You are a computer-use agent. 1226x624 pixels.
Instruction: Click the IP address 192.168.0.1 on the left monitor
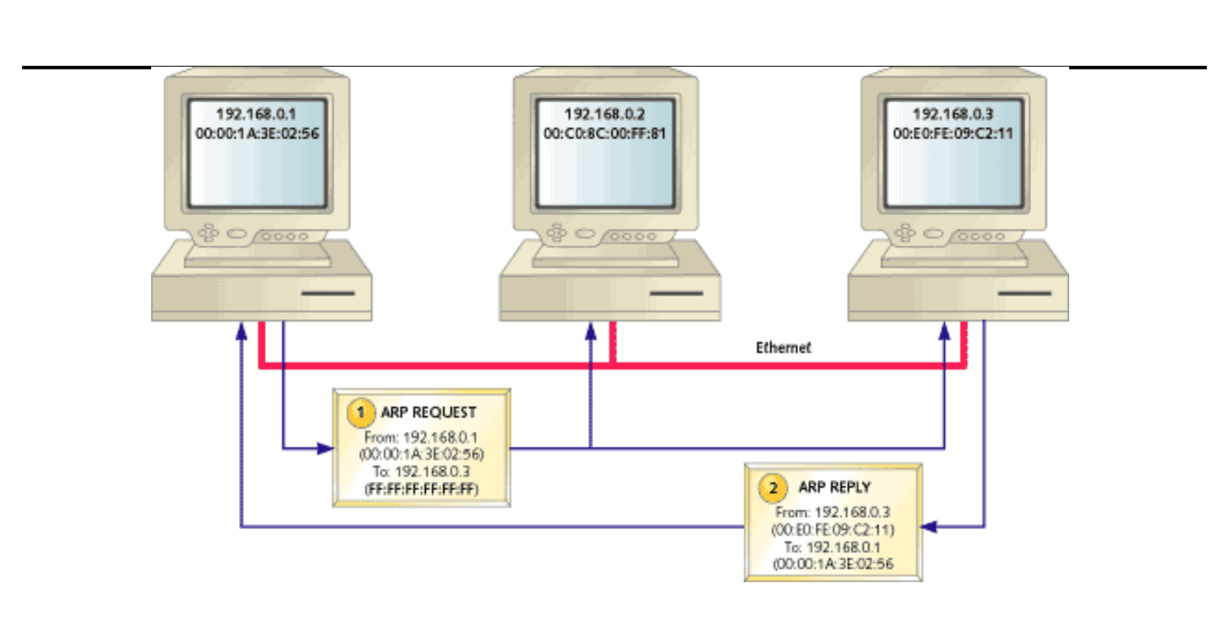coord(255,114)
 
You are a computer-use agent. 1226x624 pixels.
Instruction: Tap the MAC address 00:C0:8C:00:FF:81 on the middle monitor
coord(604,133)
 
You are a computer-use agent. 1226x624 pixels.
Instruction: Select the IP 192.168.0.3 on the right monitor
coord(953,114)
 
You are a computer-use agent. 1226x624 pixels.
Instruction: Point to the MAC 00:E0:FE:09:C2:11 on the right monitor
coord(953,133)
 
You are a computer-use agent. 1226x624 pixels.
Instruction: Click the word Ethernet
coord(783,347)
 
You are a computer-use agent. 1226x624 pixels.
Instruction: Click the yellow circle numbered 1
coord(360,413)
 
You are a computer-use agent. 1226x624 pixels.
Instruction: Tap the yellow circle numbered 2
coord(773,488)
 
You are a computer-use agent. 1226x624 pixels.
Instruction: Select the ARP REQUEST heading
coord(429,413)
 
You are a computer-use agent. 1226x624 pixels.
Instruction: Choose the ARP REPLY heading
coord(834,487)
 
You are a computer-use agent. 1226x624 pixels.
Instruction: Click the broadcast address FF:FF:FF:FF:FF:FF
coord(421,489)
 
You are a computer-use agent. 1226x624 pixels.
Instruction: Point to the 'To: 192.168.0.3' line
coord(421,472)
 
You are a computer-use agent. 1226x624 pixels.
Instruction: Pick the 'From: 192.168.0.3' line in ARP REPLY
coord(832,512)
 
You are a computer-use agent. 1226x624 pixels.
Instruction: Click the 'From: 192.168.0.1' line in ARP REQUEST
coord(421,438)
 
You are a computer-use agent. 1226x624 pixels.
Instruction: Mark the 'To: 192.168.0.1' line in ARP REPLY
coord(832,547)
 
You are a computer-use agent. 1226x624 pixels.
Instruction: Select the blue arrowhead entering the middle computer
coord(590,331)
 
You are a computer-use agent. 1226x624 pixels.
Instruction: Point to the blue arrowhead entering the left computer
coord(241,331)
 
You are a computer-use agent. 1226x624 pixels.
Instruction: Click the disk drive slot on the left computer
coord(328,293)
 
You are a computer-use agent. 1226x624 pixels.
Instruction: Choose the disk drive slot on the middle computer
coord(676,293)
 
